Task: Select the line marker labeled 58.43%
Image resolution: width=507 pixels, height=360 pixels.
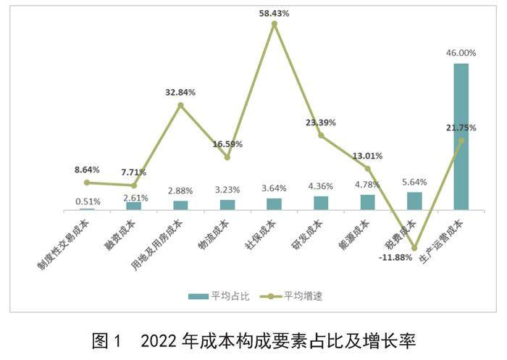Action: coord(275,24)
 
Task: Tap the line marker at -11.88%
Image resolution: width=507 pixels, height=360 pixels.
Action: coord(414,248)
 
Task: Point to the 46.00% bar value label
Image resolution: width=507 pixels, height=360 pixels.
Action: coord(461,53)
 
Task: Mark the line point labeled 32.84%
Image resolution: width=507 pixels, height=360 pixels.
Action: coord(181,106)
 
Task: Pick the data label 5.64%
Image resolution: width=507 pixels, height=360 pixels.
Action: coord(414,183)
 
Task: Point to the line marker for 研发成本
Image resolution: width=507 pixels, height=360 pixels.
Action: coord(321,135)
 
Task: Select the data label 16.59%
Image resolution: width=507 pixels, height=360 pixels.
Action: coord(227,144)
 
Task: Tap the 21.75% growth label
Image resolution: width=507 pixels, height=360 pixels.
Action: coord(461,127)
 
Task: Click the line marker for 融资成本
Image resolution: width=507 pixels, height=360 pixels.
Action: coord(134,185)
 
